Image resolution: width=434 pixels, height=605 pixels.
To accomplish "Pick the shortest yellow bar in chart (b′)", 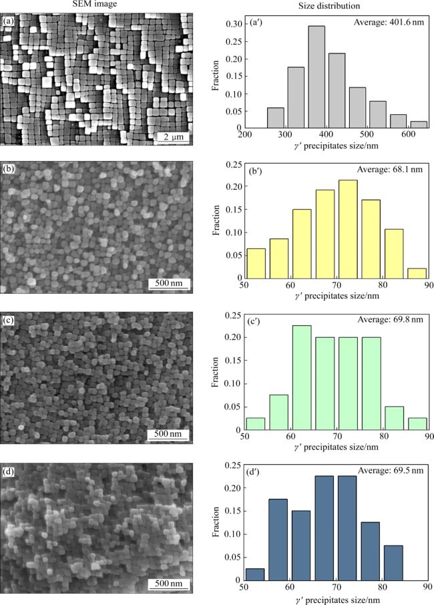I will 417,273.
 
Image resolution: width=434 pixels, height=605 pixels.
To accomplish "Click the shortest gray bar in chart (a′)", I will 417,125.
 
